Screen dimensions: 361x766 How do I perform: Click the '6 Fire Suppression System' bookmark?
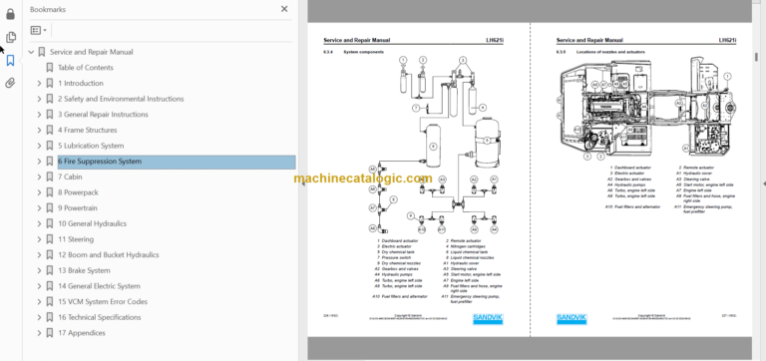pos(100,162)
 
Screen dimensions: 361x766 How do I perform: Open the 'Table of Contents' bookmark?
pos(85,68)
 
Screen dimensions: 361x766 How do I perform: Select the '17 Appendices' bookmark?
pos(83,333)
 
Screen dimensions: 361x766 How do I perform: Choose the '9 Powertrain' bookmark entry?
pos(83,208)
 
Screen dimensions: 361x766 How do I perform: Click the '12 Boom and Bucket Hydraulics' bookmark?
pos(108,255)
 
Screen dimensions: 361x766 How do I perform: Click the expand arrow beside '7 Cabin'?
pos(39,178)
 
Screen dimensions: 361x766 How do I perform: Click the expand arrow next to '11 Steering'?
pos(39,239)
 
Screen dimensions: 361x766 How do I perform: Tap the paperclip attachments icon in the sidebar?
pos(10,83)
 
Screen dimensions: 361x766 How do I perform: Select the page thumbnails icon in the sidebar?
pos(10,37)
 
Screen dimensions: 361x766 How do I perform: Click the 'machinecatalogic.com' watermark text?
pos(362,179)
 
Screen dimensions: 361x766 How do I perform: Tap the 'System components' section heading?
pos(362,51)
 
